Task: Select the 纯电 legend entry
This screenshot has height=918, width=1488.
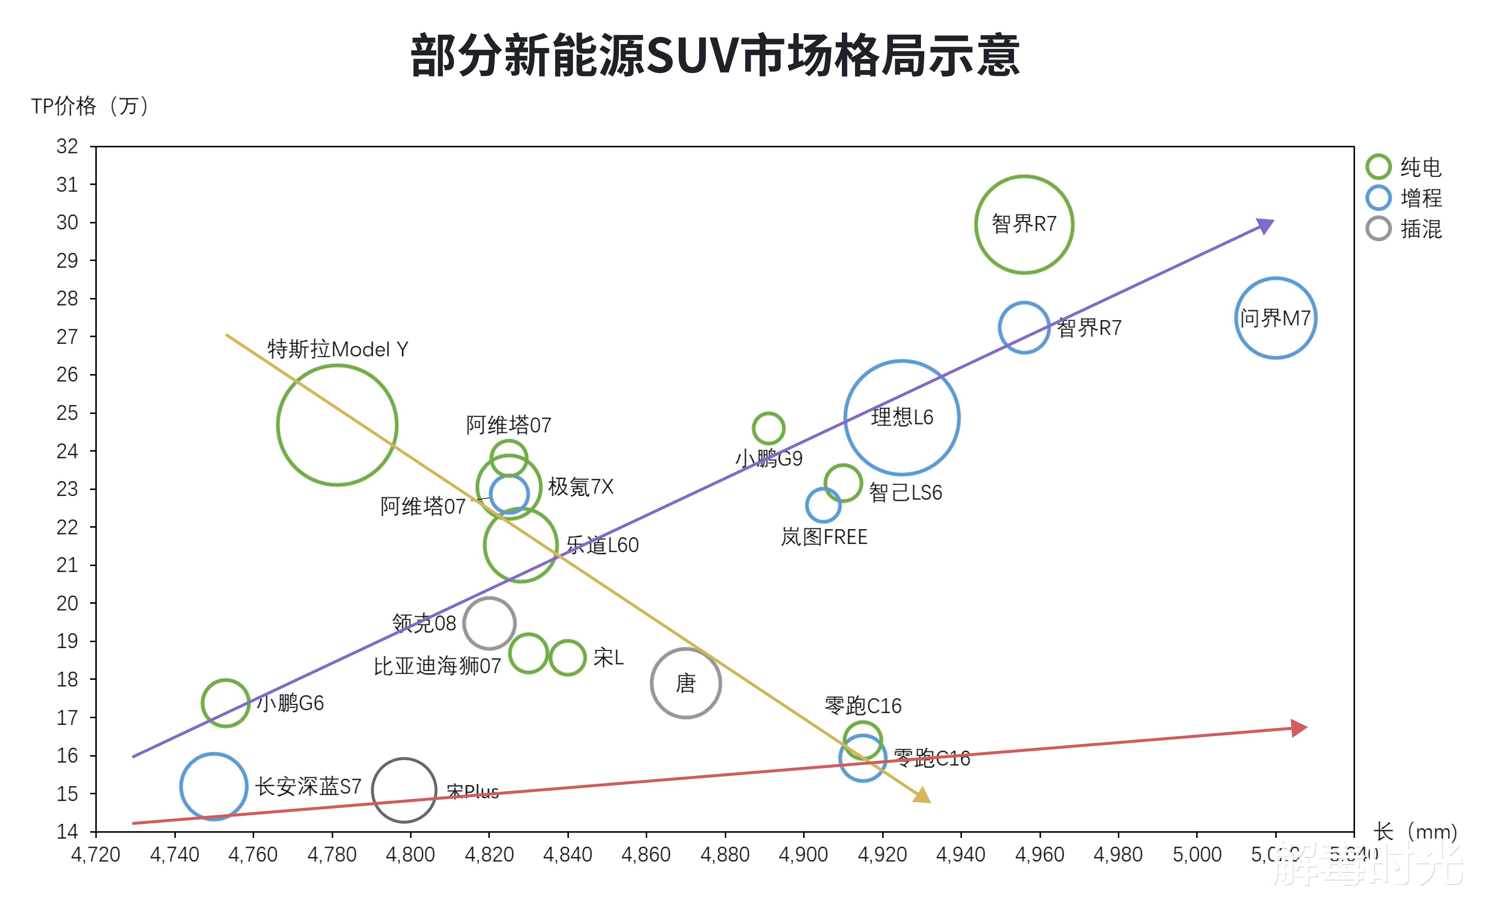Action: pos(1403,167)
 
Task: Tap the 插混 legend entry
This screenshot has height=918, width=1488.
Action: pos(1403,229)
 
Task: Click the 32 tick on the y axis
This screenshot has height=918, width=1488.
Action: pos(67,146)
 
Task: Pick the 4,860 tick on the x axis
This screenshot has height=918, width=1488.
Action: pos(646,854)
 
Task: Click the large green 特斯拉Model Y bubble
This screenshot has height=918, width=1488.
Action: pos(337,425)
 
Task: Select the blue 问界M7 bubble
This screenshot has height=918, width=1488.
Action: pos(1276,318)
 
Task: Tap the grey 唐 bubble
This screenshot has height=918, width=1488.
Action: pos(686,683)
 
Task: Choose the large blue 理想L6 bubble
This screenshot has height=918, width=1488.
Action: pos(902,418)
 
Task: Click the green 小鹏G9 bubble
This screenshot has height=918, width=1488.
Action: pos(768,428)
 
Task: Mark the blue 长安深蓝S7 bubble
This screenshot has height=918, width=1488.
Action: pos(214,786)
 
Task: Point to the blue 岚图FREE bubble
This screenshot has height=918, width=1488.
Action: pos(823,504)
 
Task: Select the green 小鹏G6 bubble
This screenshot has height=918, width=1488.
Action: pos(225,703)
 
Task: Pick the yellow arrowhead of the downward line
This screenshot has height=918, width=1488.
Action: pos(922,795)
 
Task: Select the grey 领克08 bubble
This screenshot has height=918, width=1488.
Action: pos(489,623)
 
